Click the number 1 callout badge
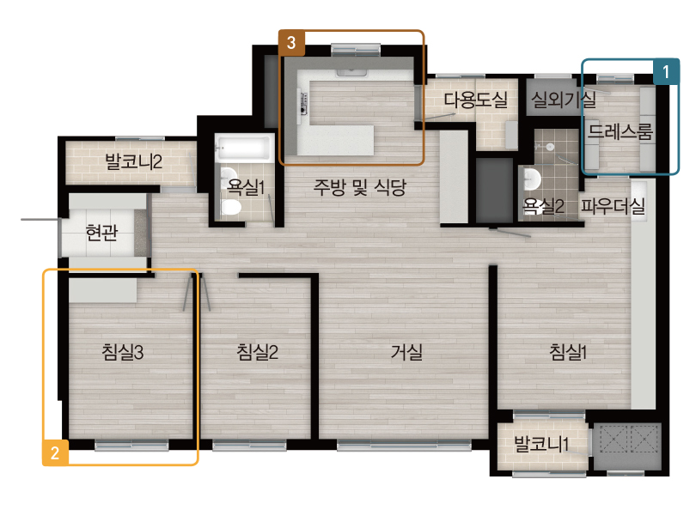[x=666, y=71]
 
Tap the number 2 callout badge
[x=55, y=452]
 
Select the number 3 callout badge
[x=291, y=43]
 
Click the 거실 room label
[x=406, y=352]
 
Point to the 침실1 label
[x=568, y=352]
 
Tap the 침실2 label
[x=258, y=352]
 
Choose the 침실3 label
[x=123, y=352]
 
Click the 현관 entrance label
[x=101, y=232]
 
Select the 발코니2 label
[x=133, y=161]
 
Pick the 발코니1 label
[x=540, y=444]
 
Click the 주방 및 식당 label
[x=359, y=187]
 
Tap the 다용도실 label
[x=476, y=100]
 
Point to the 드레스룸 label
[x=620, y=131]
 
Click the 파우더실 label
[x=613, y=206]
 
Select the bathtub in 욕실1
[x=244, y=148]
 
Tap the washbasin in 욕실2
[x=532, y=179]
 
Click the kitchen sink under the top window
[x=351, y=72]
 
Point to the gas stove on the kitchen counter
[x=304, y=103]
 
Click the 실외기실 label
[x=564, y=100]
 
